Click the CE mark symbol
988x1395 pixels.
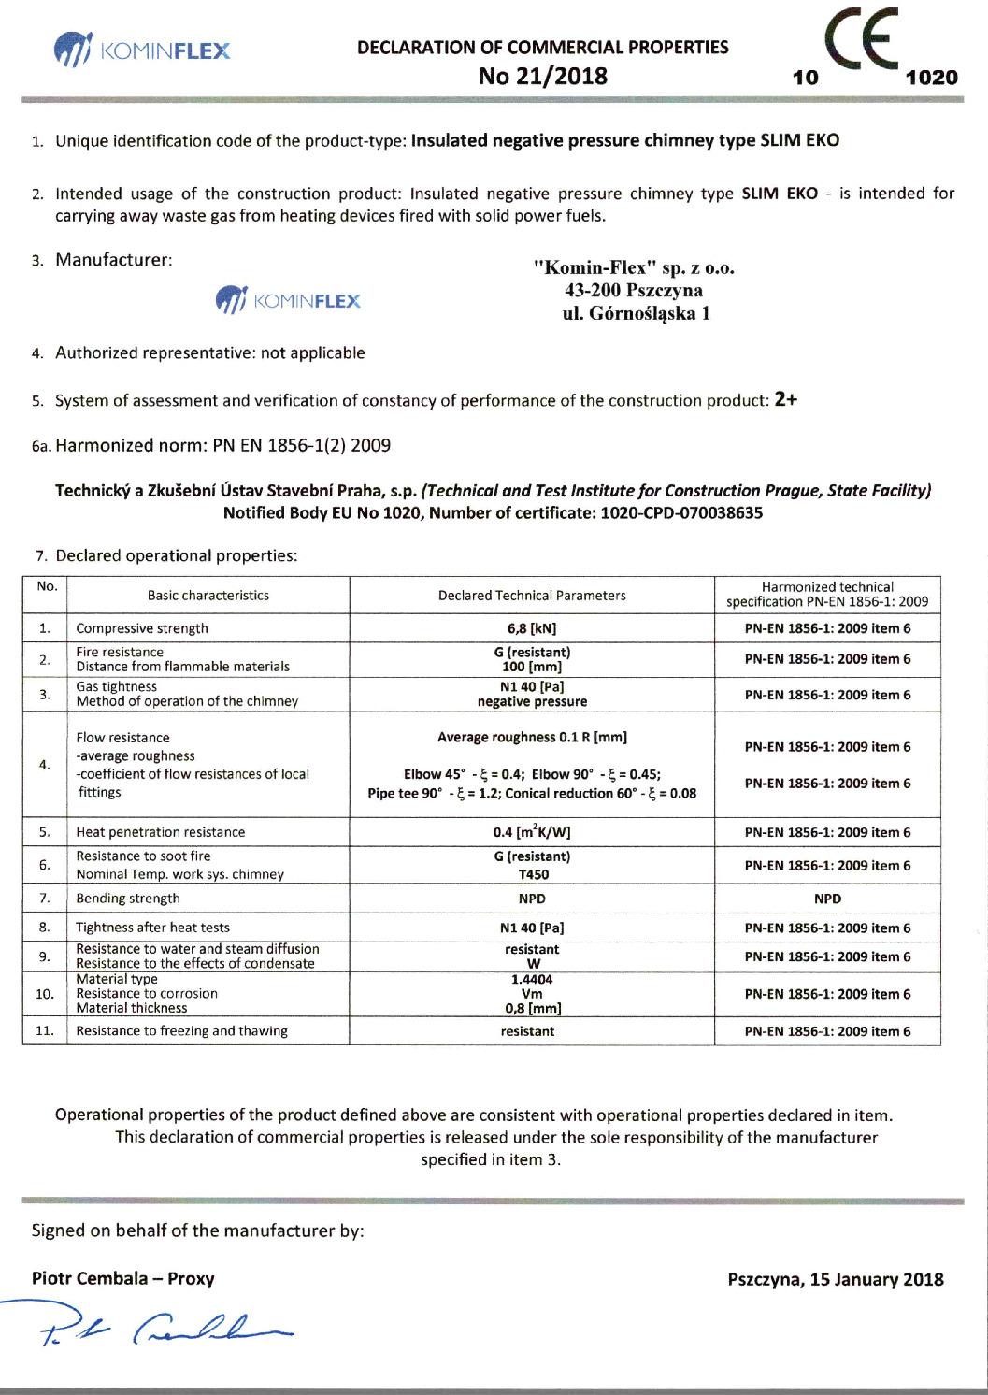861,39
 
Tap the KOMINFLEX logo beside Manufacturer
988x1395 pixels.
288,300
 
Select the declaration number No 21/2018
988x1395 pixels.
542,77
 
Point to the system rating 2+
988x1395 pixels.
785,399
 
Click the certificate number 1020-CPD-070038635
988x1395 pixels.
681,512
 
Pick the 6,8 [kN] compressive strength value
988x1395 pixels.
532,628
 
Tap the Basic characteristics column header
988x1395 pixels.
208,595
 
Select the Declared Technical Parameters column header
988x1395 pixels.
532,595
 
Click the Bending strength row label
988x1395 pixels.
128,899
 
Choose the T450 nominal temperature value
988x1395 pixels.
533,874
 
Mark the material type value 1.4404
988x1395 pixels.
532,979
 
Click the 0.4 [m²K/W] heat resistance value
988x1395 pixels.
532,831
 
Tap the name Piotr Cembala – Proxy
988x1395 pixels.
123,1278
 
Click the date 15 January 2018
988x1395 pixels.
877,1279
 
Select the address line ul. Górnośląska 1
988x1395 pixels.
636,313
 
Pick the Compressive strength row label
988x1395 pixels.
142,628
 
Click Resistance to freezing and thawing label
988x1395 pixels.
182,1030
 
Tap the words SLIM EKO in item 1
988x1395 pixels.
799,140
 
